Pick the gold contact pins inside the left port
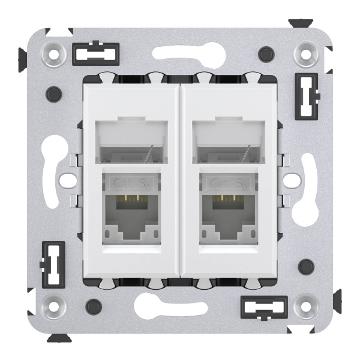(x=130, y=198)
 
